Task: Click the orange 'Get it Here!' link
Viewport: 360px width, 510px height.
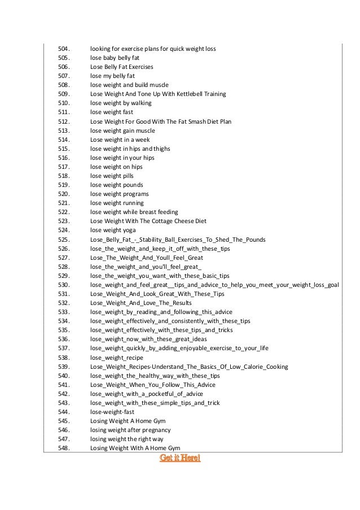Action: coord(180,457)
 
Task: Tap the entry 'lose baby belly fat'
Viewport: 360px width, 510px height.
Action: coord(115,58)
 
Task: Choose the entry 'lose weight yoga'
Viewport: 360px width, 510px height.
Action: coord(113,230)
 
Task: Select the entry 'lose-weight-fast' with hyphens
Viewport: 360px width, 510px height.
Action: coord(112,412)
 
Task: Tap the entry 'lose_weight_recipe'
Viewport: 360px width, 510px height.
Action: coord(117,358)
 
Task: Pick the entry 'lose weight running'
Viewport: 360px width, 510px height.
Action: coord(117,203)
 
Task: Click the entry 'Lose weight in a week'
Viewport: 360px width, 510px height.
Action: coord(120,140)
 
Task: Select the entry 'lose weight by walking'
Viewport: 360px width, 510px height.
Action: coord(121,103)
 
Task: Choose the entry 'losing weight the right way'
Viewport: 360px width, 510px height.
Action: coord(127,439)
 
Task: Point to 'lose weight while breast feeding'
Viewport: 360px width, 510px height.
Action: coord(134,212)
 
